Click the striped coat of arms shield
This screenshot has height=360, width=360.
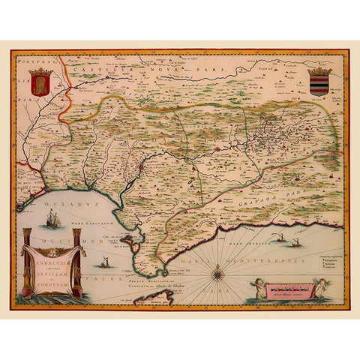pos(319,82)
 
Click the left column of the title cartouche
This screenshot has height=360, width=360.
pos(26,262)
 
